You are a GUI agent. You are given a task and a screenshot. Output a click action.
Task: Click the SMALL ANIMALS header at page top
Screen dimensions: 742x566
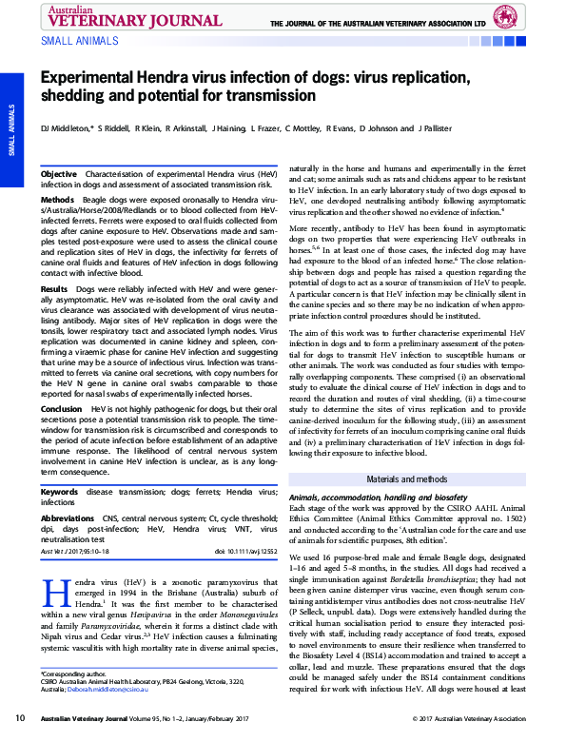click(x=80, y=41)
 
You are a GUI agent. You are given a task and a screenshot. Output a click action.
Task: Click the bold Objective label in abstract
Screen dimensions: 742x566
click(x=59, y=175)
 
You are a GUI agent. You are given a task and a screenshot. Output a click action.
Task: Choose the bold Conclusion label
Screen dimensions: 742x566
click(x=62, y=408)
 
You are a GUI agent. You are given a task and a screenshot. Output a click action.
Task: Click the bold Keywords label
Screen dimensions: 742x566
click(x=60, y=493)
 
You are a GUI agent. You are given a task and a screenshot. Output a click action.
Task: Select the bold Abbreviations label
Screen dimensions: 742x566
click(x=68, y=518)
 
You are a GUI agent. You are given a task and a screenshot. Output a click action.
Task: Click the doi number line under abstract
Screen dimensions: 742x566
click(x=246, y=551)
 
